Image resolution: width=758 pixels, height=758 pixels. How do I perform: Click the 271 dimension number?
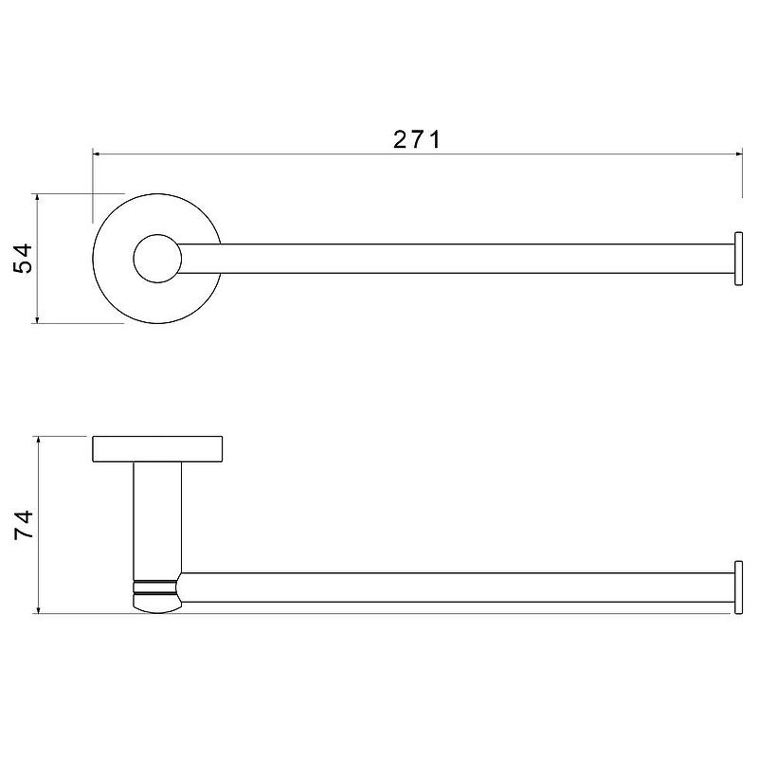[417, 139]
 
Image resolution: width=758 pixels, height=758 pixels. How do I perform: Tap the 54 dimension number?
[23, 259]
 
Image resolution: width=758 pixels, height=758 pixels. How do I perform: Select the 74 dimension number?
[23, 525]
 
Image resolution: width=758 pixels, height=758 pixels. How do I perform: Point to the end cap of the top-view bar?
[738, 259]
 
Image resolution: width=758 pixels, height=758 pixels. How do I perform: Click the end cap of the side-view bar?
[738, 587]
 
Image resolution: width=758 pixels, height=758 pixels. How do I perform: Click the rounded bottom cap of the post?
[156, 604]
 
